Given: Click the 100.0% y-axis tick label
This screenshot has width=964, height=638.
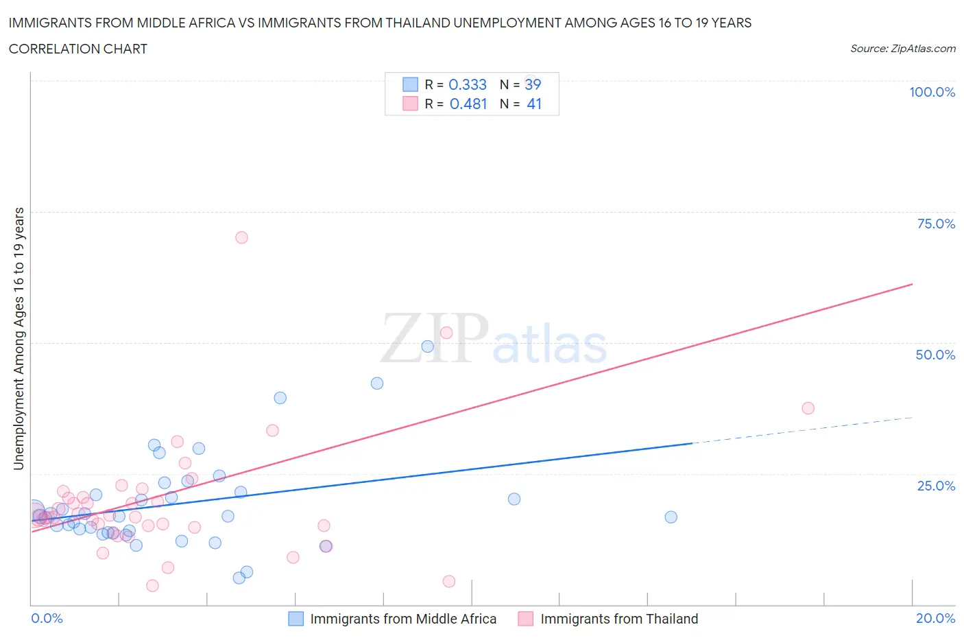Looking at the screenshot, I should click(932, 92).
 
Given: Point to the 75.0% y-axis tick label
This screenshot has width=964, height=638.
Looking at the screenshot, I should click(936, 224).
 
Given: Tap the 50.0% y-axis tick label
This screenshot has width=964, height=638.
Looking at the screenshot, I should click(935, 355).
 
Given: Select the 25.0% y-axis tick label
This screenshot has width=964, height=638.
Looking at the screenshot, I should click(936, 486).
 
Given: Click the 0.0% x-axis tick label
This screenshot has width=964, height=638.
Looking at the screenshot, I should click(47, 618).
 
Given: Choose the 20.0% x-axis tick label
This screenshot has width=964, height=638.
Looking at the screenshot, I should click(935, 618).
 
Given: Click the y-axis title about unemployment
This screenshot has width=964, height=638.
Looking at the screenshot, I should click(19, 339).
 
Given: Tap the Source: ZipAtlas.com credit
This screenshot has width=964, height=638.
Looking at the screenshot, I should click(902, 49).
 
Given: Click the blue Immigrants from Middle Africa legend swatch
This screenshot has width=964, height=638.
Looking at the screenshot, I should click(296, 619).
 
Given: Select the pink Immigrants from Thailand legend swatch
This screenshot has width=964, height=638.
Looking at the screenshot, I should click(526, 619).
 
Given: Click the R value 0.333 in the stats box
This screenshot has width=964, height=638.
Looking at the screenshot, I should click(468, 84).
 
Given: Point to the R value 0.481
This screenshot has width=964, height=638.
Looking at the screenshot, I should click(468, 104).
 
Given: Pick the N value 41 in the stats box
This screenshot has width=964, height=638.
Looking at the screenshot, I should click(534, 104).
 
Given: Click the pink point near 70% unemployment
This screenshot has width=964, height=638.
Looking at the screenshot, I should click(241, 237).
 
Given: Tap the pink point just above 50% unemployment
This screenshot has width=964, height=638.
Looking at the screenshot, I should click(446, 333).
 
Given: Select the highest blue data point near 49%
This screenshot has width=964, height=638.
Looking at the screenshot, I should click(428, 346).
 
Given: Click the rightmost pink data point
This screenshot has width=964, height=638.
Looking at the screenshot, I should click(808, 408).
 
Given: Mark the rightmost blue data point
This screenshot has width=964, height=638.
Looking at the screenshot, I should click(671, 517).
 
